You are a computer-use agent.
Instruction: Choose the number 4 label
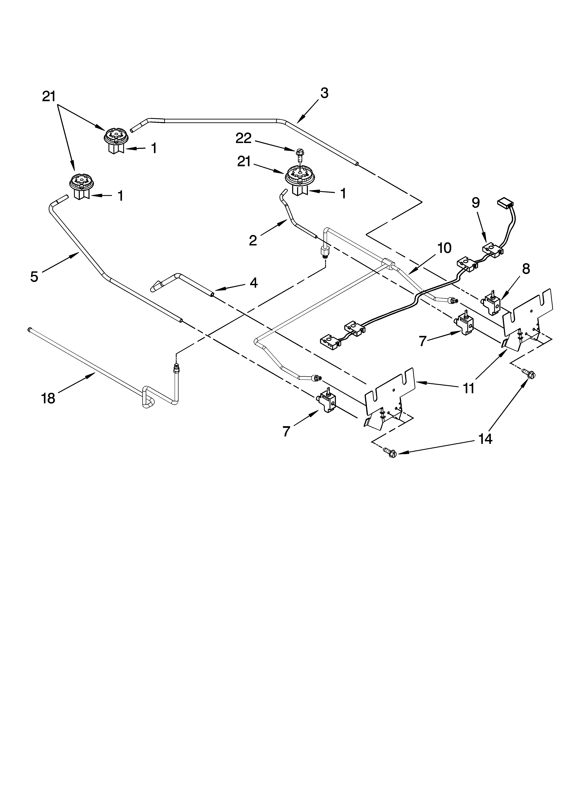pos(254,283)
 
